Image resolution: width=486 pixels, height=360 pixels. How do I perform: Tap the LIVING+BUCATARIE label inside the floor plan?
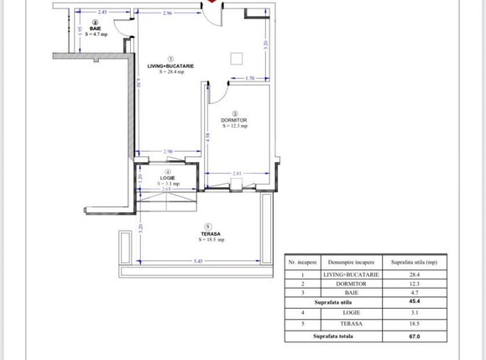tap(170, 66)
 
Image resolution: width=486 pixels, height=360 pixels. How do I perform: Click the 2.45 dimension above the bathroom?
tap(101, 13)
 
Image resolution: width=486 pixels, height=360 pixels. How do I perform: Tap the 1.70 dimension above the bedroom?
tap(250, 78)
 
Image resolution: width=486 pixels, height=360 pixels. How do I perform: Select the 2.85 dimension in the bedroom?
tap(238, 174)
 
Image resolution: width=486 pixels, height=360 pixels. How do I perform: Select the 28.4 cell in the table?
tap(414, 274)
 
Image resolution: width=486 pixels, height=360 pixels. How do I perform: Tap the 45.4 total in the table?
tap(414, 301)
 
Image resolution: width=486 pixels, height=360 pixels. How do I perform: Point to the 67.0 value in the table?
tap(414, 337)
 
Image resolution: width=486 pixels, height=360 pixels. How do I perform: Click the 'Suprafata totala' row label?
tap(334, 337)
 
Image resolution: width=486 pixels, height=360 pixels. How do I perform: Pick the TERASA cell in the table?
tap(352, 324)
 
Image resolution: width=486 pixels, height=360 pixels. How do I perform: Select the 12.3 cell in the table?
tap(414, 283)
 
